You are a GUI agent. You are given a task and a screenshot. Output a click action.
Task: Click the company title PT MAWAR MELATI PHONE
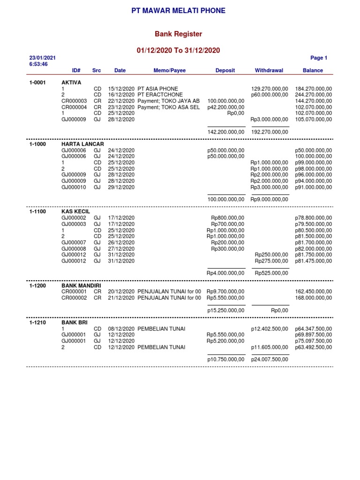click(178, 10)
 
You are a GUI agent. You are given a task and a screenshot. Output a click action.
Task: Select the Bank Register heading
click(178, 34)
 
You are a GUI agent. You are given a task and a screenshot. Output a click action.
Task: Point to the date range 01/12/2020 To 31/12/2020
click(178, 50)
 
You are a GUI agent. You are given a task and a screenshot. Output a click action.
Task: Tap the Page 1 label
click(319, 58)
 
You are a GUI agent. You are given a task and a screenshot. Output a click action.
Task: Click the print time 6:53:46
click(38, 64)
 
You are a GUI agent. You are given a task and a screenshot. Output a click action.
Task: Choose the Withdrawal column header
click(269, 70)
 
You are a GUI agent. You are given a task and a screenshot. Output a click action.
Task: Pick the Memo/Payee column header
click(169, 70)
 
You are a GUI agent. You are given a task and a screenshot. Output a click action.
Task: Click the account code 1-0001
click(37, 82)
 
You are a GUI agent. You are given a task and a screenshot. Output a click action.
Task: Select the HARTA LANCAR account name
click(83, 144)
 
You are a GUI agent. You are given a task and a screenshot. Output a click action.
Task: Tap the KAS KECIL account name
click(75, 211)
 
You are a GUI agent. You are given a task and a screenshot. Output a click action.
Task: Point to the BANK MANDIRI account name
click(82, 285)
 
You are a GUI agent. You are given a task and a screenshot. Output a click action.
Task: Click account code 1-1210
click(37, 323)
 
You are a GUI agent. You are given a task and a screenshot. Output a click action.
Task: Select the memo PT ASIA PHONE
click(157, 89)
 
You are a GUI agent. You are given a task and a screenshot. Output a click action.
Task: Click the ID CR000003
click(75, 101)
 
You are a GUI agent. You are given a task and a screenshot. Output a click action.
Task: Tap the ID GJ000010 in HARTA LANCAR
click(74, 187)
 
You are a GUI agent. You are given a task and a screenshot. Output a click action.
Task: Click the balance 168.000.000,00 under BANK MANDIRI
click(313, 298)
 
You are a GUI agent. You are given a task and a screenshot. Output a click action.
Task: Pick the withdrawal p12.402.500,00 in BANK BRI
click(270, 329)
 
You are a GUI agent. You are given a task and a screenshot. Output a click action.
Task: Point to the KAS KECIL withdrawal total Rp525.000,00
click(271, 273)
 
